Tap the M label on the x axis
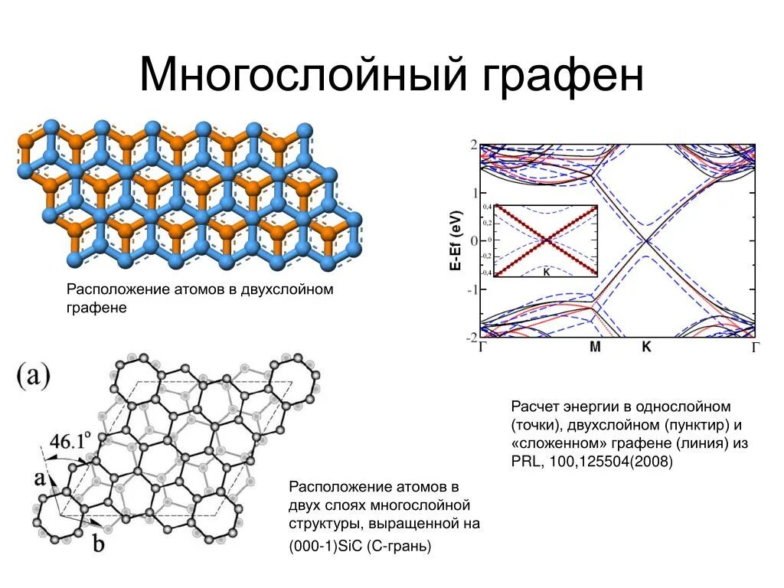(596, 347)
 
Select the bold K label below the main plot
(646, 347)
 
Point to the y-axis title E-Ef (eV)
(455, 240)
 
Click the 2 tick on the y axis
(474, 145)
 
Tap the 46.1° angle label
(70, 442)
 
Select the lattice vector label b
(99, 544)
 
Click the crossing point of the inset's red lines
(547, 240)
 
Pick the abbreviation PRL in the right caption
(526, 462)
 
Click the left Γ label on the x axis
(483, 348)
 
